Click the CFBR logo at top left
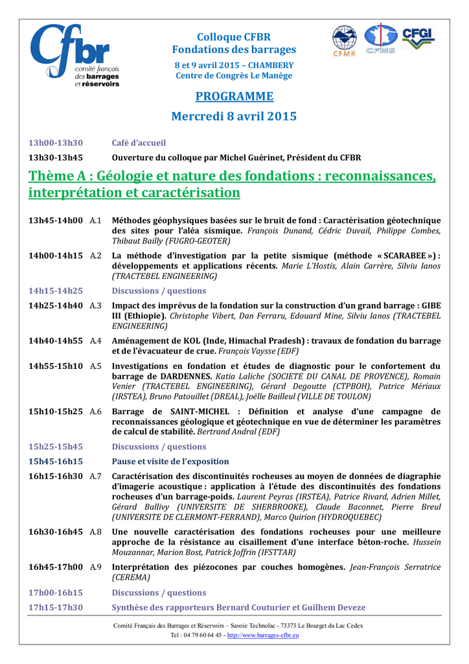pyautogui.click(x=75, y=55)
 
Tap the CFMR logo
pyautogui.click(x=344, y=41)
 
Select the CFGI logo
pyautogui.click(x=418, y=38)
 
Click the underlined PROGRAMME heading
pyautogui.click(x=234, y=97)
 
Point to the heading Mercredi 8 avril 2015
pyautogui.click(x=234, y=117)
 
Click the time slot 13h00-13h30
pyautogui.click(x=56, y=143)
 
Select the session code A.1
pyautogui.click(x=96, y=220)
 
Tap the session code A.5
pyautogui.click(x=96, y=366)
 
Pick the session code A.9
pyautogui.click(x=96, y=567)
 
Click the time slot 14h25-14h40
pyautogui.click(x=56, y=305)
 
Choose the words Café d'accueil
pyautogui.click(x=139, y=143)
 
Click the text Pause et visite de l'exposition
pyautogui.click(x=170, y=461)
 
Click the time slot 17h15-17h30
pyautogui.click(x=56, y=608)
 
